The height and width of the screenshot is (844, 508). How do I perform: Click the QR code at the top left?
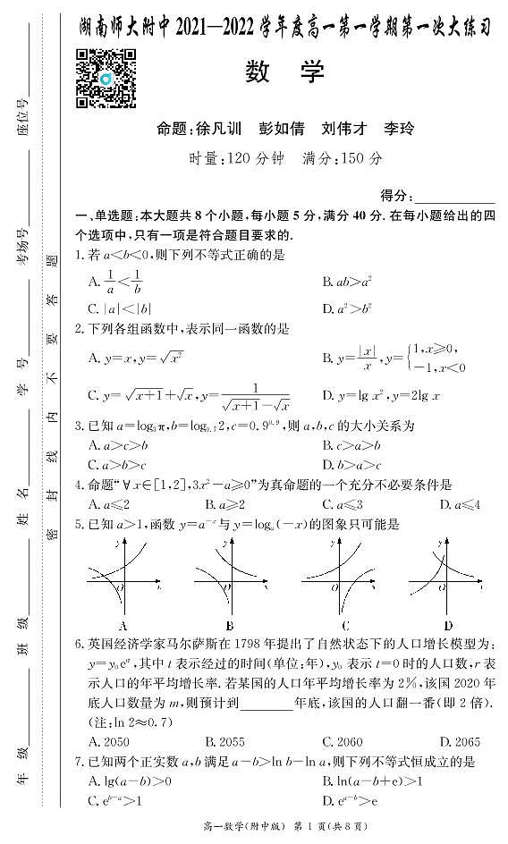pyautogui.click(x=105, y=78)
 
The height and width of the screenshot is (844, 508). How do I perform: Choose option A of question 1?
pyautogui.click(x=116, y=283)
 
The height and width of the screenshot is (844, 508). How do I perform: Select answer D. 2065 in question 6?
pyautogui.click(x=460, y=742)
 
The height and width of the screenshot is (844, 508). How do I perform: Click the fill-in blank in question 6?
pyautogui.click(x=267, y=704)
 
